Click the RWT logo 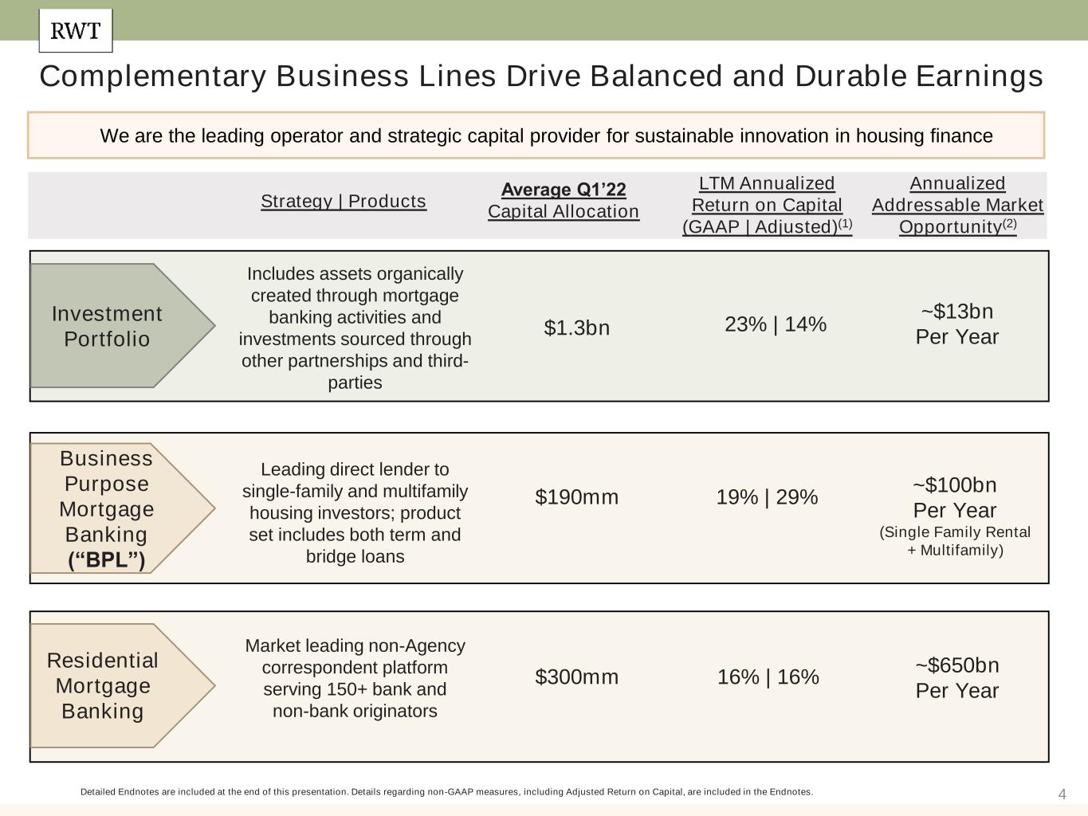click(x=76, y=31)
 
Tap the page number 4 click(x=1062, y=794)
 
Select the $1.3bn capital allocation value click(x=576, y=328)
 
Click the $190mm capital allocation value click(x=576, y=497)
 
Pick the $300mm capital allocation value click(x=576, y=677)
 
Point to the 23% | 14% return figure click(x=775, y=324)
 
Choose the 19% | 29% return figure click(x=767, y=497)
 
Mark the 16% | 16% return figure click(x=768, y=677)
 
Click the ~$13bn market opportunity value click(x=956, y=312)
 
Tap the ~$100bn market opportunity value click(x=954, y=485)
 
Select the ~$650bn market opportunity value click(x=956, y=665)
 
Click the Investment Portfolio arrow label click(x=107, y=326)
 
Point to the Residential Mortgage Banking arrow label click(x=103, y=685)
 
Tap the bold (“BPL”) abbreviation click(x=107, y=560)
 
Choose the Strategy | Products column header click(x=344, y=201)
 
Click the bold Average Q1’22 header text click(x=564, y=190)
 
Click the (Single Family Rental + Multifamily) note click(x=955, y=541)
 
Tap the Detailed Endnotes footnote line click(x=446, y=792)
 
